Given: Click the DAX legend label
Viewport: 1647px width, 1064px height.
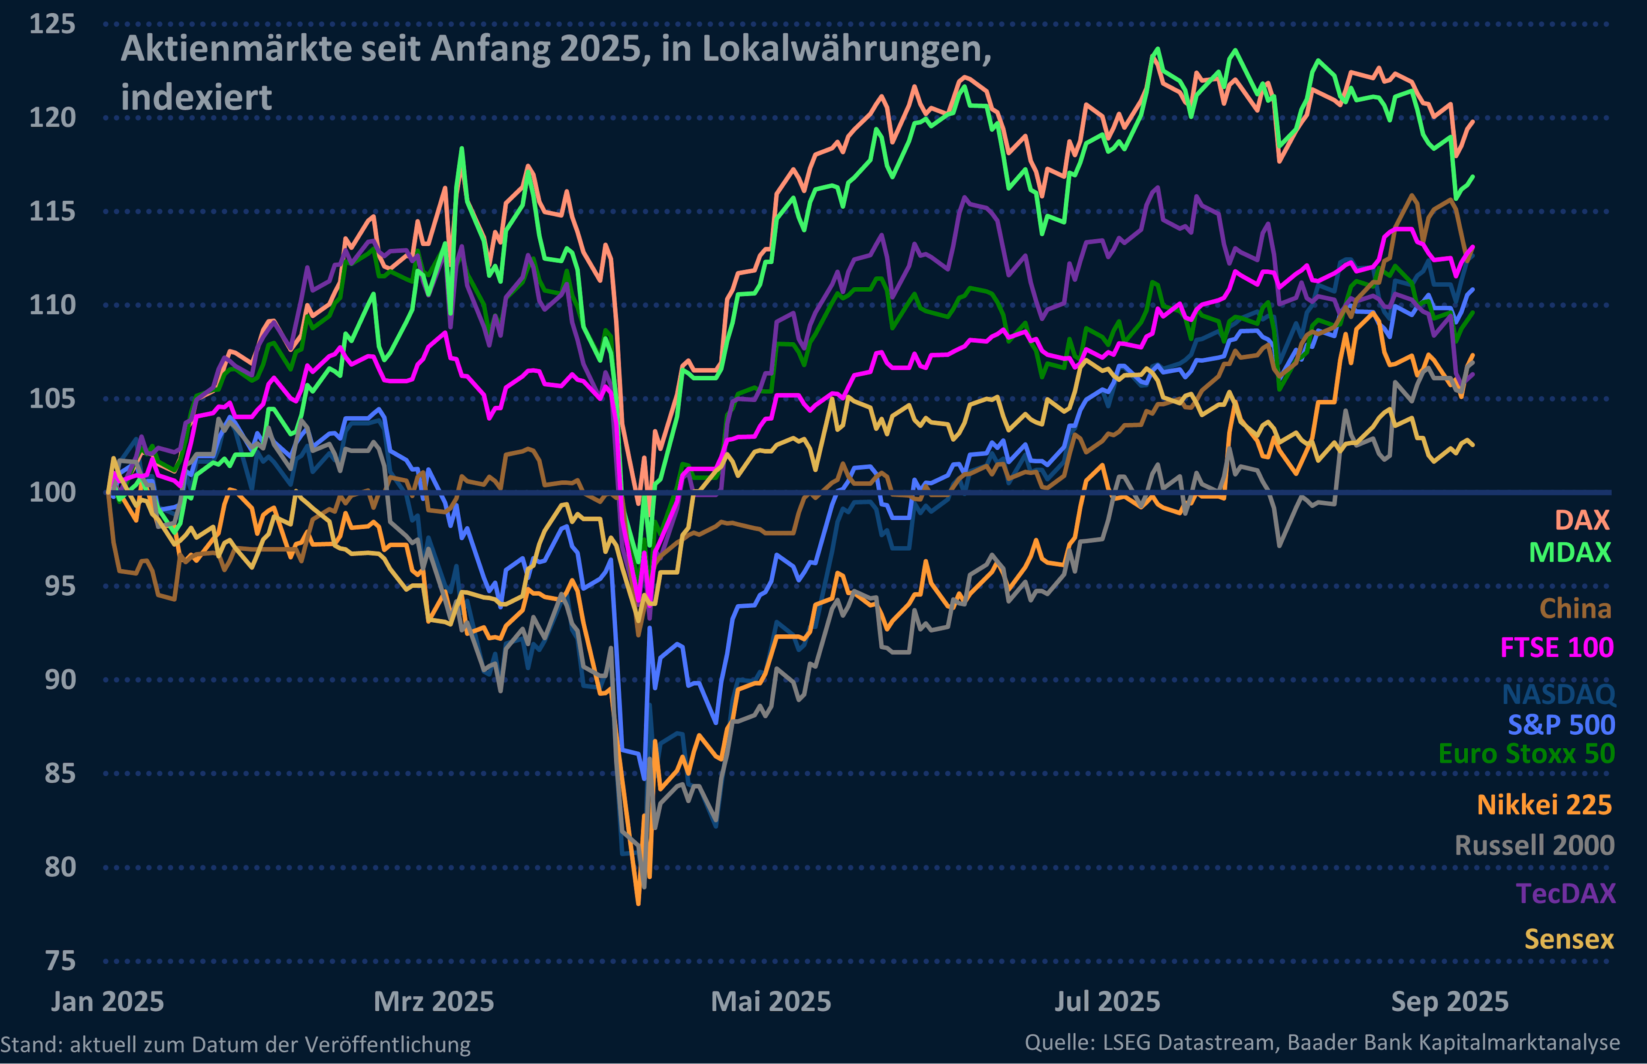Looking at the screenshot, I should tap(1582, 520).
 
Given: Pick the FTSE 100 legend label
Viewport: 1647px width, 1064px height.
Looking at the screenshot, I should tap(1557, 648).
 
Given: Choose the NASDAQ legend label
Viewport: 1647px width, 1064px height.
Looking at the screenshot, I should tap(1559, 693).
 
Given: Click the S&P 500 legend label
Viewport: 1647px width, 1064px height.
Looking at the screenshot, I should tap(1561, 725).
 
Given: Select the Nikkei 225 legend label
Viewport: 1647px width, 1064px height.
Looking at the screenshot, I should tap(1544, 805).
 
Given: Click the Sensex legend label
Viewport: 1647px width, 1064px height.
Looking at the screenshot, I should tap(1569, 940).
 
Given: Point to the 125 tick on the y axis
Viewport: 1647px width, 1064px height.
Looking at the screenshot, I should tap(52, 24).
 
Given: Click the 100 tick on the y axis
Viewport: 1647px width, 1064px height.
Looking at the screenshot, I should tap(52, 493).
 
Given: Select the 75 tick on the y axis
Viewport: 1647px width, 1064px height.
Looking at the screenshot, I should tap(60, 961).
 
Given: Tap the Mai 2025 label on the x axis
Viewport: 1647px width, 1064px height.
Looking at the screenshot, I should tap(771, 1002).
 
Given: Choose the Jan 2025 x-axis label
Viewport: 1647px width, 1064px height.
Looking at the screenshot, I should tap(107, 1002).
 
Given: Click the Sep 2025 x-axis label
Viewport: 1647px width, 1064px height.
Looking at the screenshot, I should tap(1449, 1002).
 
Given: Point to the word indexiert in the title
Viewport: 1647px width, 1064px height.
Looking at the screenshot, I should tap(196, 97).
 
